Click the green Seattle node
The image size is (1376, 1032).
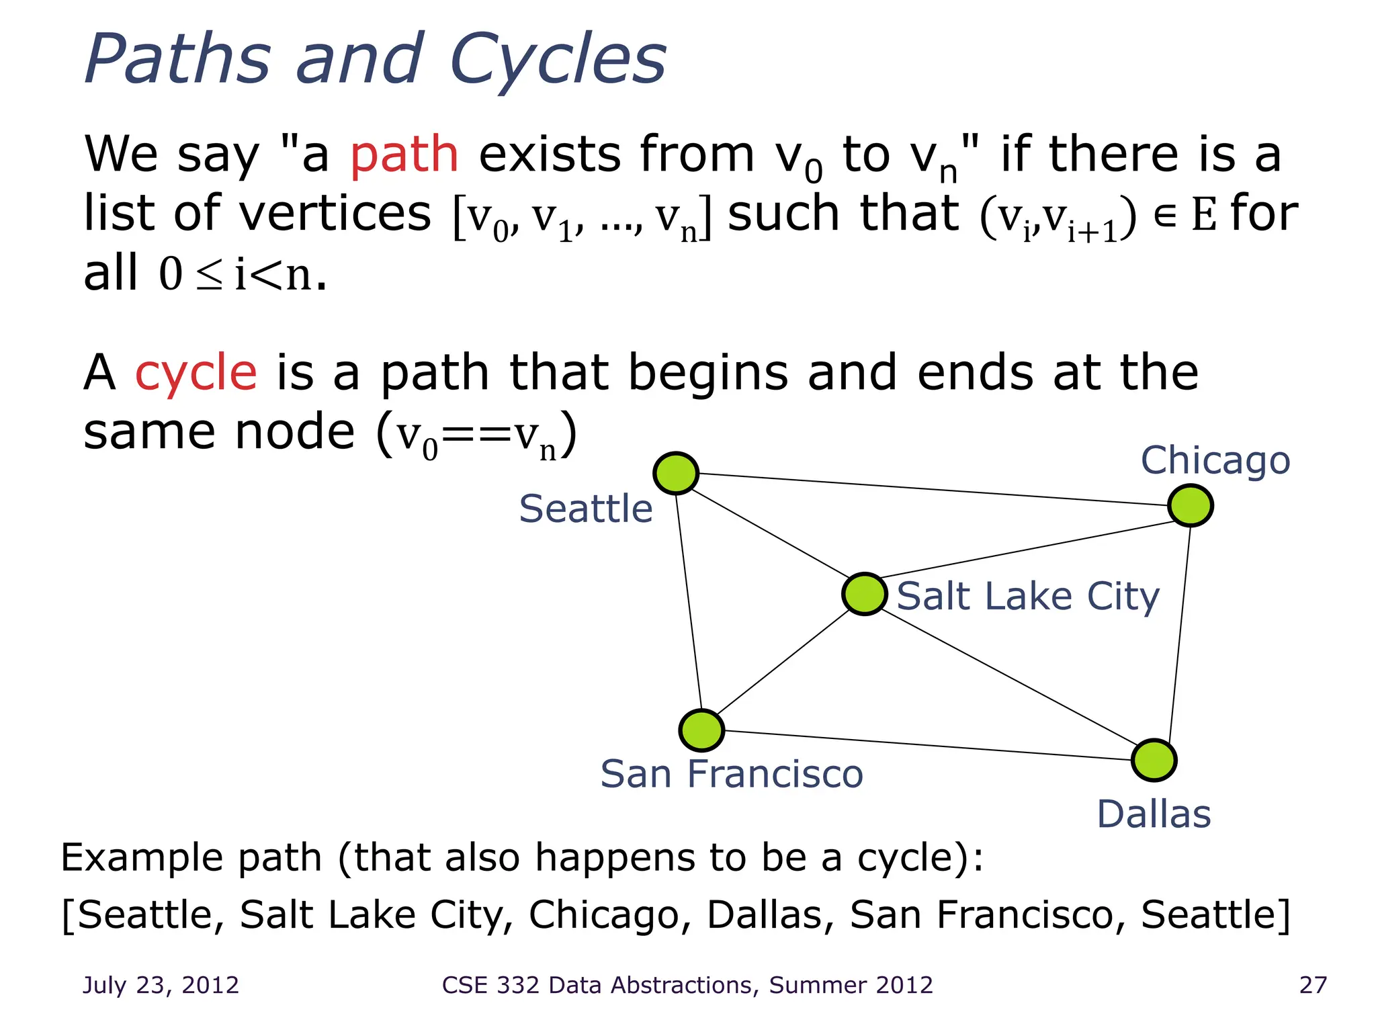click(x=676, y=473)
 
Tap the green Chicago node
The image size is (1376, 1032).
click(x=1190, y=505)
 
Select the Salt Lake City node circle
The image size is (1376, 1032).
click(x=865, y=594)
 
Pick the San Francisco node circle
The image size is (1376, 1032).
click(x=701, y=730)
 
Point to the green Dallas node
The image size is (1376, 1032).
click(x=1154, y=761)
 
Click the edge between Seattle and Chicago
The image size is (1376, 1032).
click(x=934, y=489)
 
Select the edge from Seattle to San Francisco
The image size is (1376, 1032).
click(x=689, y=601)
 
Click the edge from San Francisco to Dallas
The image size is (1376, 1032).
click(x=927, y=745)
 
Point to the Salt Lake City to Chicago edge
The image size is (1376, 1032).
click(x=1028, y=550)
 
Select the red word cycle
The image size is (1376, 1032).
click(x=196, y=374)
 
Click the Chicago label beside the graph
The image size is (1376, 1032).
click(x=1215, y=461)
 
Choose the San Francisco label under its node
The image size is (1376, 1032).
click(x=731, y=774)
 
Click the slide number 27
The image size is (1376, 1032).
click(x=1313, y=985)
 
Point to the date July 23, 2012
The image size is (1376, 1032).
click(x=161, y=985)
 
